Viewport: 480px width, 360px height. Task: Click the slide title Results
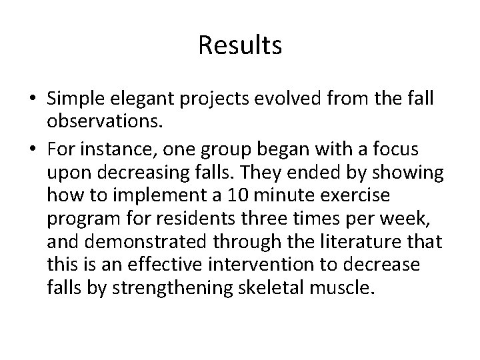point(240,46)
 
